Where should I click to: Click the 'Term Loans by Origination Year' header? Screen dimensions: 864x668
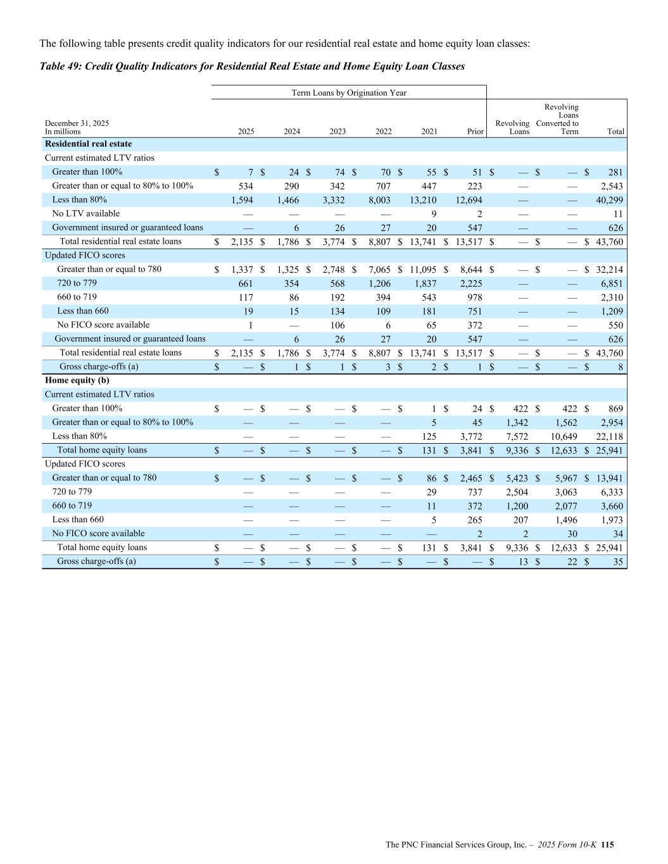tap(349, 93)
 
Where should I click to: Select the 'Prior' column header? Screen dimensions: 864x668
tap(475, 132)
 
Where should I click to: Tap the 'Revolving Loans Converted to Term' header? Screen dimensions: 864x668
tap(558, 120)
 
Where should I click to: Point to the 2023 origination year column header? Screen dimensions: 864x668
tap(337, 132)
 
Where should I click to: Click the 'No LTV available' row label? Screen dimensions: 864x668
tap(85, 214)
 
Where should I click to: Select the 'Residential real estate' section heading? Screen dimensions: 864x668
tap(89, 144)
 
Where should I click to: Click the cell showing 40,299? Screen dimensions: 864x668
tap(611, 200)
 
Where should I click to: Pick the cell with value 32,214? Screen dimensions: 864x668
tap(611, 270)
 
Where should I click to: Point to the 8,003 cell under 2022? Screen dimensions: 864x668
tap(379, 200)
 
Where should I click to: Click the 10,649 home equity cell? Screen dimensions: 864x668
tap(561, 436)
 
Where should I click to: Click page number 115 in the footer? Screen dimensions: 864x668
tap(608, 844)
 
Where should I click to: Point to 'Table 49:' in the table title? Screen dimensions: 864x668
tap(60, 66)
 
